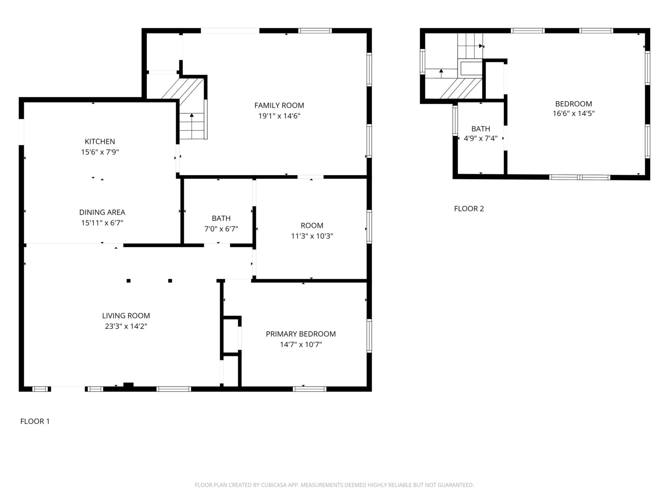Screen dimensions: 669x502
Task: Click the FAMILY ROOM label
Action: click(279, 105)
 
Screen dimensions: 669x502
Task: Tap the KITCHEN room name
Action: click(100, 141)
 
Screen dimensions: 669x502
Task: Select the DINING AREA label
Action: click(102, 212)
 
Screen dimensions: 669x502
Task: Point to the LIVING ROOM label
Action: click(126, 316)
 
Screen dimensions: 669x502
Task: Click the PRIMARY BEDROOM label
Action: click(301, 334)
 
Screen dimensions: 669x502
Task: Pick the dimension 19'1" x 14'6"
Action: click(279, 116)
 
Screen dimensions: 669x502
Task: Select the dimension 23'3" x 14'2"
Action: click(126, 326)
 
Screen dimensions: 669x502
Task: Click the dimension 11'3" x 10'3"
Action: click(312, 236)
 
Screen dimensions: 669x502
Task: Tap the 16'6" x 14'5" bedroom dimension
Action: click(574, 113)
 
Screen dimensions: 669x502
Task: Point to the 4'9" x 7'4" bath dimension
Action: click(481, 138)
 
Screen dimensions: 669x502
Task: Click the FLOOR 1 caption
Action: click(35, 421)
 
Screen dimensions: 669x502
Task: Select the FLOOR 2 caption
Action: click(469, 209)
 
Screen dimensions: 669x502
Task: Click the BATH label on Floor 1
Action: click(221, 218)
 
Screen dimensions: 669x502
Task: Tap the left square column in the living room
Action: click(129, 281)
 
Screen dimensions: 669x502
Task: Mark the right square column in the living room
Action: click(170, 281)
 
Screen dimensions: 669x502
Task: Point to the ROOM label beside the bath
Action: click(312, 225)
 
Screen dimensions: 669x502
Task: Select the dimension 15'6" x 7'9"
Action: click(100, 152)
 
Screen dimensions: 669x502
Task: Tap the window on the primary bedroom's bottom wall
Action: click(309, 389)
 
